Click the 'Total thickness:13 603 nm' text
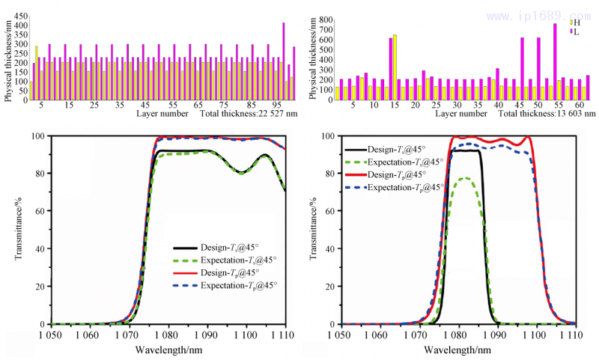547,114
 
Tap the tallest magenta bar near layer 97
284,60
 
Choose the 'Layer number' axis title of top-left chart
159,114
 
